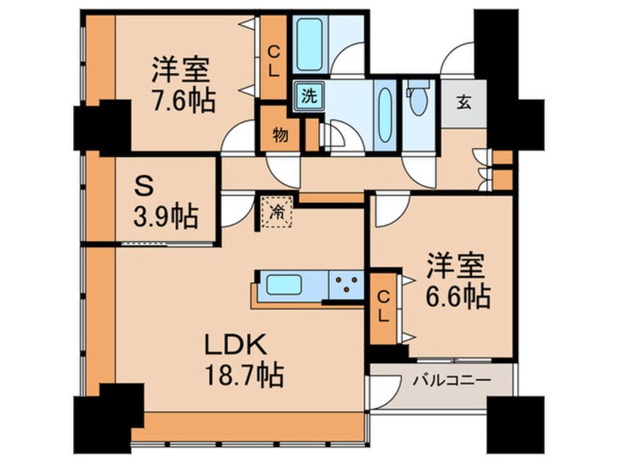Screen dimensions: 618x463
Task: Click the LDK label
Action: click(234, 345)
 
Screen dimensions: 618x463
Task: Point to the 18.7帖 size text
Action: click(244, 375)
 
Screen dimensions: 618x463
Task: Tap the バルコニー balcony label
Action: click(452, 380)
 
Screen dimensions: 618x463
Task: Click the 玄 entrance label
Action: click(464, 103)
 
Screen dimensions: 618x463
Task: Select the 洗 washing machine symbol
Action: click(309, 96)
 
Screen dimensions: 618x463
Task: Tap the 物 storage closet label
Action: click(281, 136)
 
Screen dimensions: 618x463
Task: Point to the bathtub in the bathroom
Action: click(310, 44)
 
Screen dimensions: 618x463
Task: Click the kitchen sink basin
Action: click(284, 285)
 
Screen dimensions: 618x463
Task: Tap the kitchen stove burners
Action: click(346, 284)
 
